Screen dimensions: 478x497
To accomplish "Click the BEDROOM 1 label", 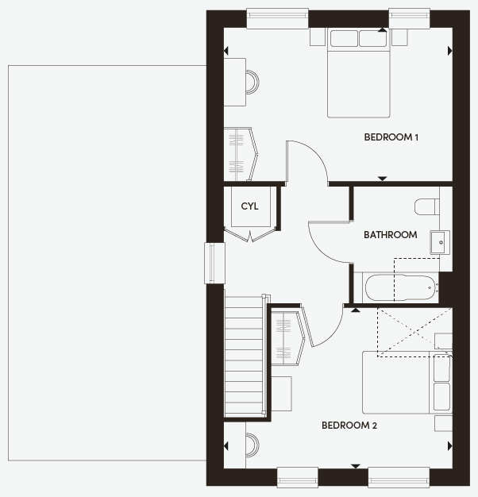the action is click(x=391, y=137).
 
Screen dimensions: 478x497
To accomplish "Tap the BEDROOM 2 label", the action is click(x=349, y=426).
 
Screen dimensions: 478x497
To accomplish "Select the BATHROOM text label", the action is click(x=390, y=235).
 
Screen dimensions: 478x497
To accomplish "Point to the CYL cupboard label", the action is click(x=249, y=206).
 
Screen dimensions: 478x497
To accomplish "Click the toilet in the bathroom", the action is click(x=426, y=206).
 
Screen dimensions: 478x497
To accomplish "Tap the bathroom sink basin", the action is click(x=440, y=242).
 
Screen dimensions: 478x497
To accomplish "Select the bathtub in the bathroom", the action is click(x=400, y=288).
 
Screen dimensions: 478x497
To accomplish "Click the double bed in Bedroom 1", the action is click(x=359, y=73).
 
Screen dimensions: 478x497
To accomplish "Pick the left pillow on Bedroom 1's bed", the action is click(x=344, y=38).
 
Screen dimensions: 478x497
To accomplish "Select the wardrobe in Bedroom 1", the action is click(x=241, y=154).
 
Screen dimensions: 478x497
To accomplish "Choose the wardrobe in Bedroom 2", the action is click(x=287, y=338).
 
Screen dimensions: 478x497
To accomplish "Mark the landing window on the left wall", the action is click(x=214, y=263).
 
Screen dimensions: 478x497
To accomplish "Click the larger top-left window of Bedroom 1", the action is click(x=277, y=19).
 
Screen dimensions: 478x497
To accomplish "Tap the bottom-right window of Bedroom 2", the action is click(x=399, y=477).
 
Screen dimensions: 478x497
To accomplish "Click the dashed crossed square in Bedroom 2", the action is click(x=414, y=332).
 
